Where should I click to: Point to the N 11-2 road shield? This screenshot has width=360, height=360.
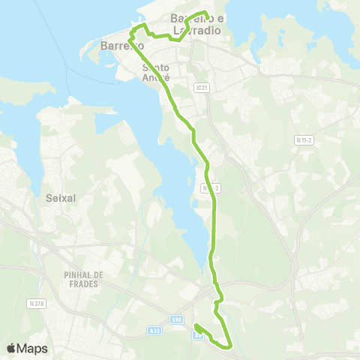tap(304, 139)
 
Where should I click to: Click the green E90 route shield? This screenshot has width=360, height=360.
tap(176, 320)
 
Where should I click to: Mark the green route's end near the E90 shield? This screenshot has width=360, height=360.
tap(196, 325)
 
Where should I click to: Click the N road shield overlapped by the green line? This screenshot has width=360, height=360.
tap(211, 187)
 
